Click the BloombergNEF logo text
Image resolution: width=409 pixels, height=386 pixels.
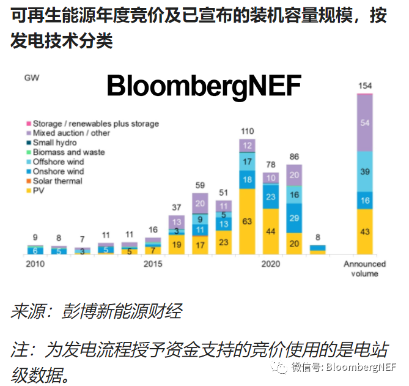(204, 87)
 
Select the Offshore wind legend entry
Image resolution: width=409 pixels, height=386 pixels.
(58, 162)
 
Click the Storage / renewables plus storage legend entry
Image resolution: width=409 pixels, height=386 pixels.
(95, 124)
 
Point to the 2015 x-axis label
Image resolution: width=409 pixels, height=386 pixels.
(153, 264)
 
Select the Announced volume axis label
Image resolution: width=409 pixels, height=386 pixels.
(364, 269)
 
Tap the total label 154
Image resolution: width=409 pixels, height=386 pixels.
(364, 85)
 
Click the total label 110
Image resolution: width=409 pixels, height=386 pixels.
(247, 132)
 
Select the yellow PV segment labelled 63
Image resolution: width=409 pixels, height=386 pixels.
(247, 221)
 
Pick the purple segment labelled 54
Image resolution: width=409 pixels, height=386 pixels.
(364, 123)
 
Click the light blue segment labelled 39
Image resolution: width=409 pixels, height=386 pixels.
(364, 172)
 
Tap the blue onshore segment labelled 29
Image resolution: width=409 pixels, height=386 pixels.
(295, 218)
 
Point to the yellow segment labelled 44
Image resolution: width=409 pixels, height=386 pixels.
(271, 231)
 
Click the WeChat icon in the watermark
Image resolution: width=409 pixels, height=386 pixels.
(279, 367)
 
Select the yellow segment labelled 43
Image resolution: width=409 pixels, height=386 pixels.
(364, 232)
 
